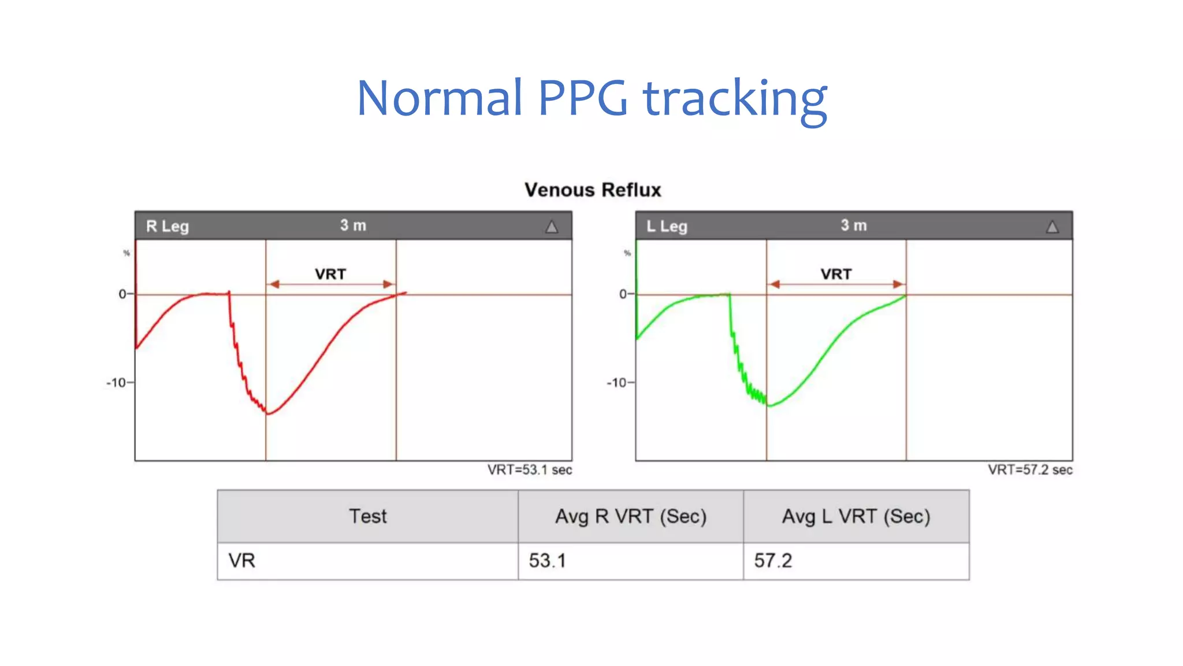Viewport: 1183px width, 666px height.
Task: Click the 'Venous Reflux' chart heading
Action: tap(593, 190)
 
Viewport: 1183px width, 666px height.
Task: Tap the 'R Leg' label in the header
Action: tap(168, 226)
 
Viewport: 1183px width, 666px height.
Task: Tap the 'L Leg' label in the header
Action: tap(667, 226)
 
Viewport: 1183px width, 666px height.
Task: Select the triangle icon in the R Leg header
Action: tap(552, 227)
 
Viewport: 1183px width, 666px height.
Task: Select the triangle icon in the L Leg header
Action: tap(1052, 227)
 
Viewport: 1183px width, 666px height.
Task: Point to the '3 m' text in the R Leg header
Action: tap(353, 225)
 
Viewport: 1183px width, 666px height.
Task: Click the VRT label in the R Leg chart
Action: tap(330, 274)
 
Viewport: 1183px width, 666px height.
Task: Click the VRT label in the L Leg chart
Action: tap(836, 274)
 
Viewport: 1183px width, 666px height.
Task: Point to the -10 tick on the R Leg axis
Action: tap(117, 383)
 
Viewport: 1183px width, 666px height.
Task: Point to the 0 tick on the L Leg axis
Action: tap(623, 294)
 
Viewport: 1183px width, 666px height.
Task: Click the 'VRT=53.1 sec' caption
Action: tap(529, 470)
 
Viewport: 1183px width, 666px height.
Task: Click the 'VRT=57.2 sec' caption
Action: tap(1030, 470)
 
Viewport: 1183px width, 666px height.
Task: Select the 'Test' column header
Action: tap(368, 516)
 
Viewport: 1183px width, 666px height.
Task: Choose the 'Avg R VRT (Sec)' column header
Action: tap(631, 516)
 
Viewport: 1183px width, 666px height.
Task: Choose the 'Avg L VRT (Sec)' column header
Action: tap(856, 516)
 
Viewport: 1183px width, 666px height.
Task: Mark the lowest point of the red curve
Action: tap(268, 414)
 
